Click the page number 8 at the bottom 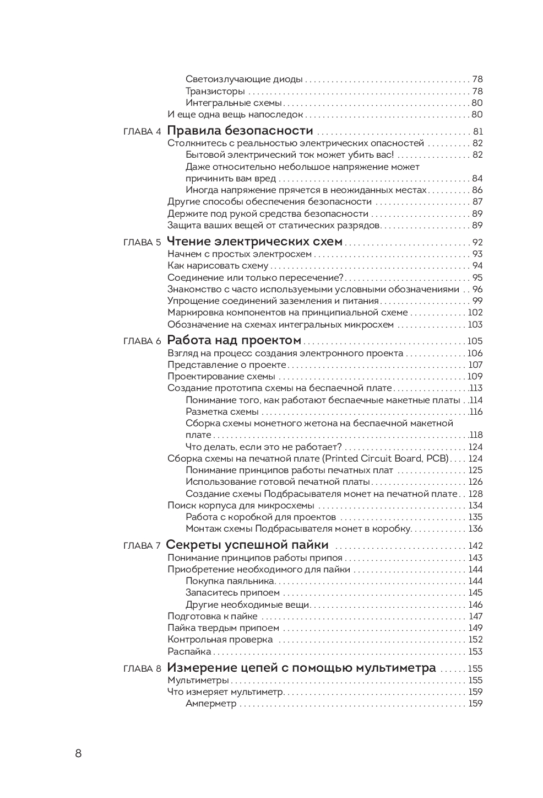point(78,753)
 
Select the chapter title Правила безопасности point(240,131)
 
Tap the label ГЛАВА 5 point(142,243)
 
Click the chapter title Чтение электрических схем point(254,242)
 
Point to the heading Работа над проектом point(234,340)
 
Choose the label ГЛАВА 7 point(142,546)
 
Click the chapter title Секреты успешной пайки point(247,545)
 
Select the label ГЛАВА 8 point(142,669)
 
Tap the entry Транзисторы point(215,91)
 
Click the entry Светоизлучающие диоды point(244,79)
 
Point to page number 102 point(475,313)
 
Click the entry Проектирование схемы point(221,377)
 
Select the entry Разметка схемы point(222,412)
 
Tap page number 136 point(475,529)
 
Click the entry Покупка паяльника point(230,581)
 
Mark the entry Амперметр point(211,704)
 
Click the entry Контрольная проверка point(220,640)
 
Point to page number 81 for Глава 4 point(477,132)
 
